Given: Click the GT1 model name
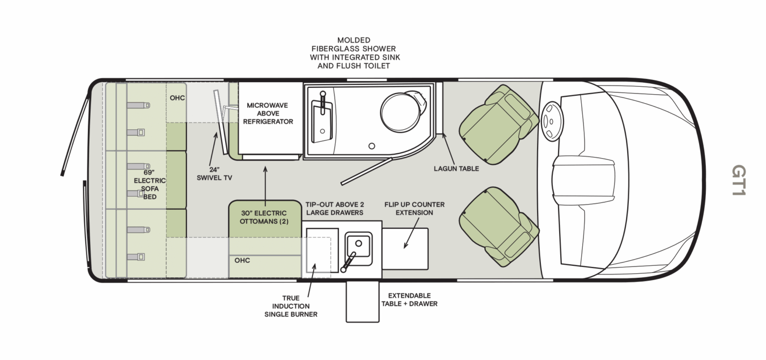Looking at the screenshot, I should point(738,181).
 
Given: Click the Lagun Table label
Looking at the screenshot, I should point(456,168).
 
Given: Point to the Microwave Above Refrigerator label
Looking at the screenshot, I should point(270,114).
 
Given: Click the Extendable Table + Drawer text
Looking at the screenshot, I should point(413,299).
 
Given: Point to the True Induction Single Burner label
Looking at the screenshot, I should point(291,306).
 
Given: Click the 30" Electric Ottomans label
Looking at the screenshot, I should point(263,217).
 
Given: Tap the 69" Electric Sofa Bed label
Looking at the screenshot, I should point(150,185).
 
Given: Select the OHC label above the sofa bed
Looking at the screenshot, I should point(177,98).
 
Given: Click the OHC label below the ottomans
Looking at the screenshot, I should point(242,260).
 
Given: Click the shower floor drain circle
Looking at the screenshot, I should point(372,146).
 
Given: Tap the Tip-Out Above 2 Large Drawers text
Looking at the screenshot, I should point(335,208).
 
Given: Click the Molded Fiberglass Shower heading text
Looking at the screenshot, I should point(354,53).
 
